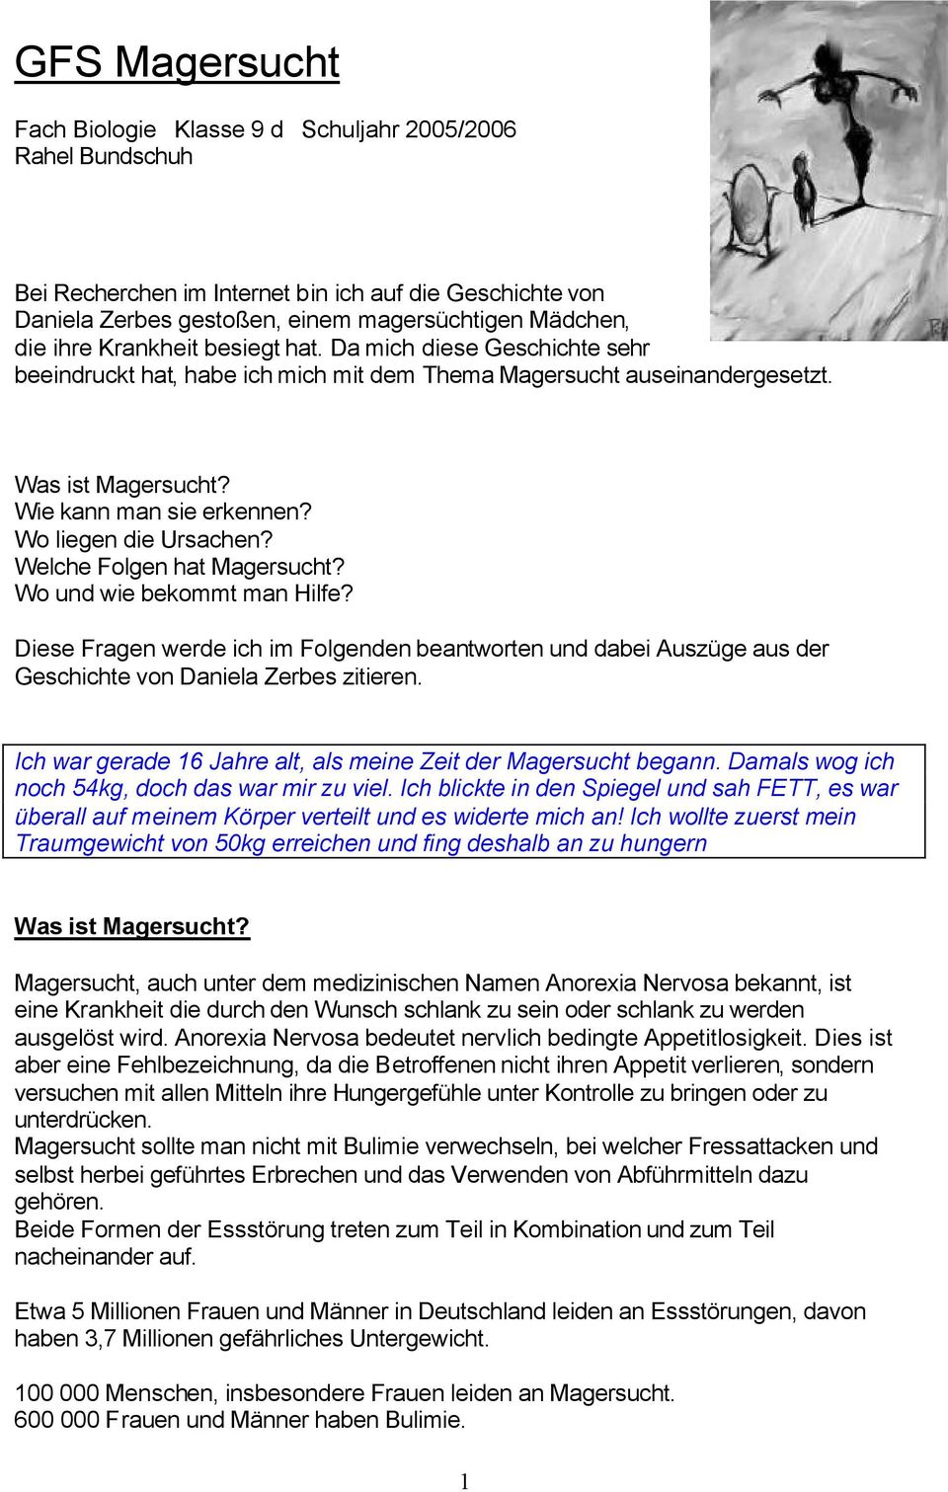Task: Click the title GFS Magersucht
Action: [177, 62]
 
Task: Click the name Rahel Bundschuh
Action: [104, 156]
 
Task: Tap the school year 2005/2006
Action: [459, 129]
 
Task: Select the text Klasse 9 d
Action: [228, 129]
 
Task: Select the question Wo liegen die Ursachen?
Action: [143, 539]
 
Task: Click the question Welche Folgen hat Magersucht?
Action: [180, 567]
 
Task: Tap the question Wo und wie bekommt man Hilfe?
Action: [184, 593]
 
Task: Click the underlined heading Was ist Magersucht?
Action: [131, 926]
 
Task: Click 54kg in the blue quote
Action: [100, 789]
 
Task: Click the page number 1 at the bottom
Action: [465, 1480]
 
